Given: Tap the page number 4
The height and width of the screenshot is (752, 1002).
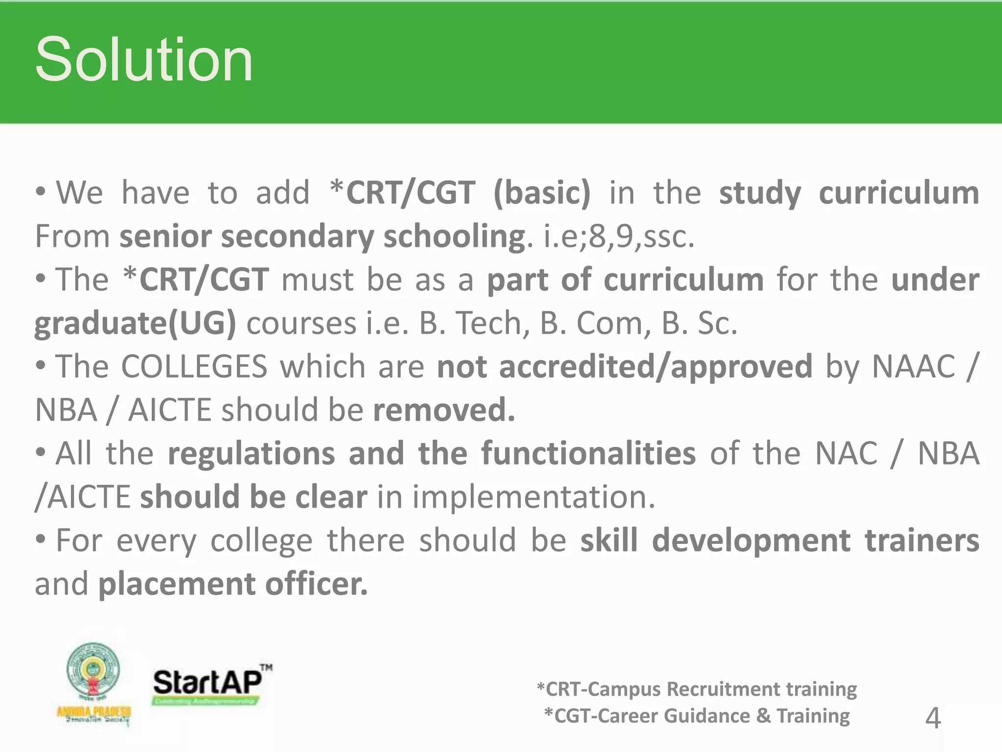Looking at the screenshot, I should [x=933, y=718].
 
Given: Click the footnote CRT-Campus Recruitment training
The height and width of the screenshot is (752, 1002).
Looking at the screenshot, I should [x=697, y=689].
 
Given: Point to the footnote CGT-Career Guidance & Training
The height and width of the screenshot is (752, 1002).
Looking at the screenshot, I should [x=697, y=716].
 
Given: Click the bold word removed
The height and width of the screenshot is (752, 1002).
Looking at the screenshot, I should [x=444, y=410].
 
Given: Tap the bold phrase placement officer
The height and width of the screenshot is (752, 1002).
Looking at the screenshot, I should [x=233, y=584].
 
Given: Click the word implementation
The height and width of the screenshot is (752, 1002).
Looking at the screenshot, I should [x=533, y=496].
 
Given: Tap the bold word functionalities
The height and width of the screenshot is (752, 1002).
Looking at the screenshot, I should [x=588, y=453].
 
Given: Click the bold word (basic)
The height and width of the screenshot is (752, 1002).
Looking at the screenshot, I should [x=542, y=192].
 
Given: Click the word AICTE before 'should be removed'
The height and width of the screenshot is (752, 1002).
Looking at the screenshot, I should [x=169, y=410].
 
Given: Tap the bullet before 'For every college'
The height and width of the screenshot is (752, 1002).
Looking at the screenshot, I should [x=41, y=539].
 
